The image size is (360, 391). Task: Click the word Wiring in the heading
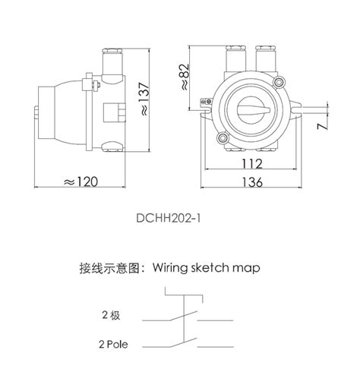[x=169, y=269]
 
